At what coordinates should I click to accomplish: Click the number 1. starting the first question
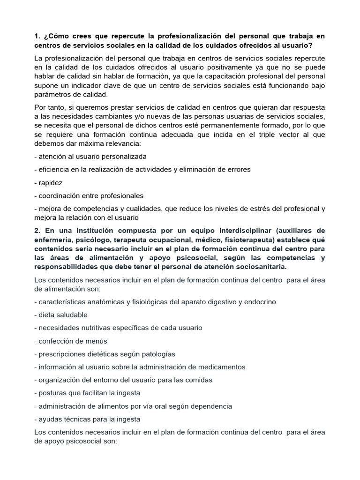(37, 37)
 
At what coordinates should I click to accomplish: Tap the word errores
(235, 169)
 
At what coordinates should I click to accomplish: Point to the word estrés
(258, 209)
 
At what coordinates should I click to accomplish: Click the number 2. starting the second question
(37, 231)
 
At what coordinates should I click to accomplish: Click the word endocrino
(260, 302)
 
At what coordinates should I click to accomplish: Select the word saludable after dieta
(70, 315)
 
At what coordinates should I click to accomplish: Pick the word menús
(95, 341)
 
